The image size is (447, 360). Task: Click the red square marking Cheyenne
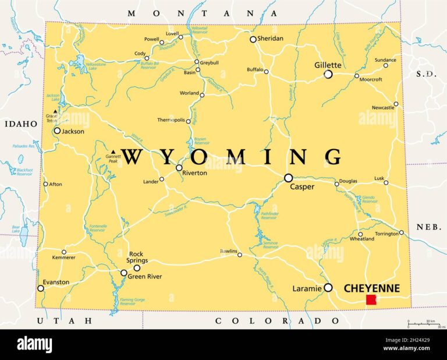[371, 299]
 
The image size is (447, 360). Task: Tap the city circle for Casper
[288, 178]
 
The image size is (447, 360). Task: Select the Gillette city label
[327, 65]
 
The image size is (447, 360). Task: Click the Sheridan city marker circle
[253, 39]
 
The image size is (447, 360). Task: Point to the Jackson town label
[73, 131]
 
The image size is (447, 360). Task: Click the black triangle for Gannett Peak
[113, 153]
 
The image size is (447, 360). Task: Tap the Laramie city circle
[328, 287]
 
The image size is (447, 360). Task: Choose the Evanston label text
[56, 282]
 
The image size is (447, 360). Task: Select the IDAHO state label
[21, 124]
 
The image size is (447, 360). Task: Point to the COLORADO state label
[278, 320]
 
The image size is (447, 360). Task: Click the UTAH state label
[64, 320]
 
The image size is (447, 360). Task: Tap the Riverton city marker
[179, 168]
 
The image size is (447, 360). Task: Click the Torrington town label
[386, 232]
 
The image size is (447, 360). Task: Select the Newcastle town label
[383, 108]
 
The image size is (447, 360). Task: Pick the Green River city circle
[123, 273]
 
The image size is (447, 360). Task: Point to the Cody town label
[140, 54]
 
